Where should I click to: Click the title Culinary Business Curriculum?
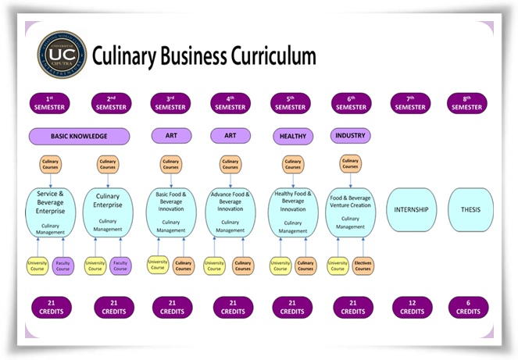(x=204, y=57)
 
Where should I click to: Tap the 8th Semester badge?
(x=467, y=103)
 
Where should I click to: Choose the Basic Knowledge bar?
(x=79, y=136)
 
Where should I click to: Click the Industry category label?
(x=350, y=136)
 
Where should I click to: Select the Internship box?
(x=411, y=209)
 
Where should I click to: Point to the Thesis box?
(x=470, y=209)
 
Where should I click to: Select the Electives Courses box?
(x=363, y=267)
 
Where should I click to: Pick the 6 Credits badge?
(x=468, y=307)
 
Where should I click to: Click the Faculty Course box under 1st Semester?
(x=63, y=267)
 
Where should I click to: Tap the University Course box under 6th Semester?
(x=338, y=267)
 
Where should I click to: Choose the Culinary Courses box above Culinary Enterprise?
(x=108, y=165)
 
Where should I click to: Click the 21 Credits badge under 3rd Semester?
(x=171, y=307)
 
